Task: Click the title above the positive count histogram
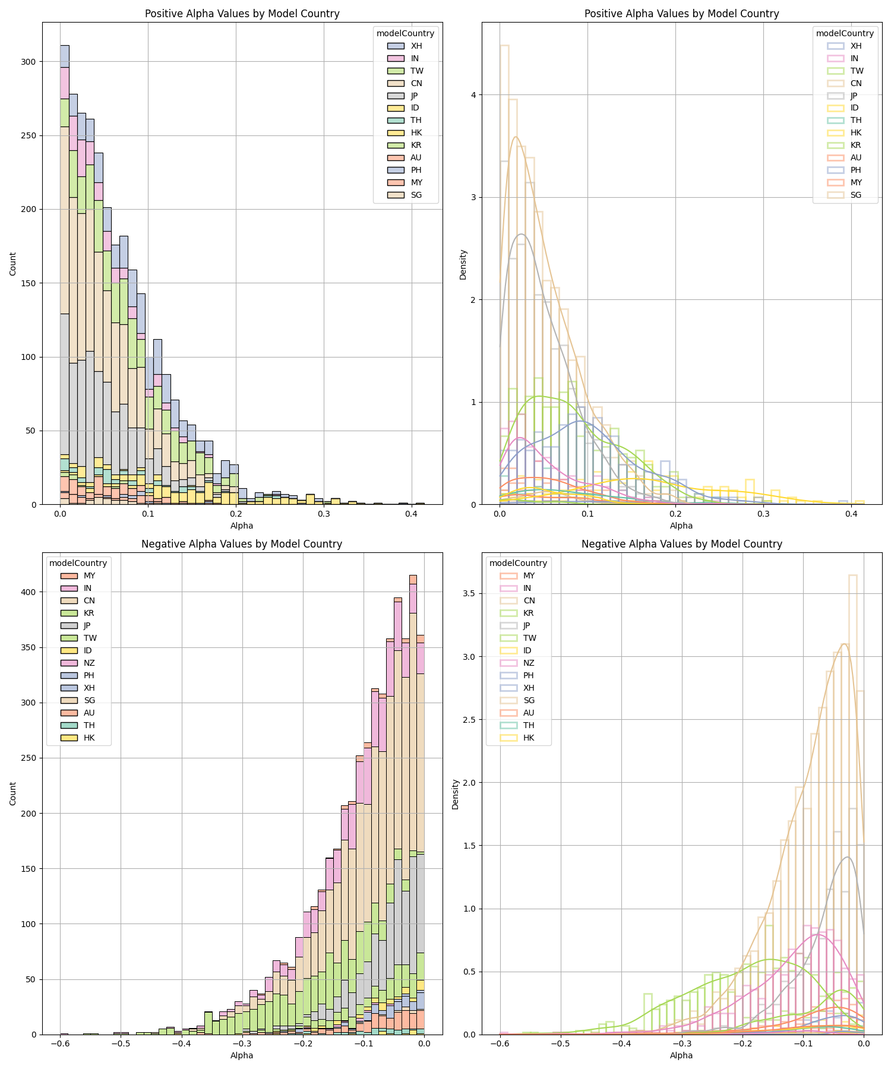(x=242, y=14)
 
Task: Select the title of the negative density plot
(x=681, y=544)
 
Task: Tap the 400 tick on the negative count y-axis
(x=27, y=592)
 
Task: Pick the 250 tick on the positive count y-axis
(x=27, y=135)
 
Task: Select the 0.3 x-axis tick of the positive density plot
(x=763, y=514)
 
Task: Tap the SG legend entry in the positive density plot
(x=855, y=195)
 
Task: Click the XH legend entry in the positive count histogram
(x=416, y=46)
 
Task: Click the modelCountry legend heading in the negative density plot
(x=518, y=563)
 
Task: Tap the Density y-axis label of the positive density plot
(x=463, y=264)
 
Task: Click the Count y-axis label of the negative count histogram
(x=13, y=794)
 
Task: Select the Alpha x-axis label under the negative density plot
(x=681, y=1055)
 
